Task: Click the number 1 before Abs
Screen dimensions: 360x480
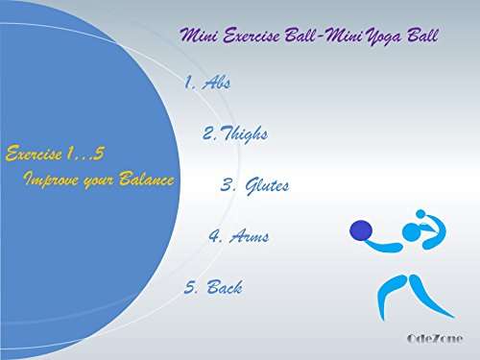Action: tap(189, 83)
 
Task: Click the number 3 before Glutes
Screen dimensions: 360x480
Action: tap(228, 185)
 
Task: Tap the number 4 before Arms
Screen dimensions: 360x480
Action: tap(214, 236)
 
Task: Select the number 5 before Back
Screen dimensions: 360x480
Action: tap(189, 287)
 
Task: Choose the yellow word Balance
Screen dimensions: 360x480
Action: tap(148, 179)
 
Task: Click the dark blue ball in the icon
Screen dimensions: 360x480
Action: tap(361, 229)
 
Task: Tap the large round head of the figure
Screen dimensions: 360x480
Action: tap(412, 231)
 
